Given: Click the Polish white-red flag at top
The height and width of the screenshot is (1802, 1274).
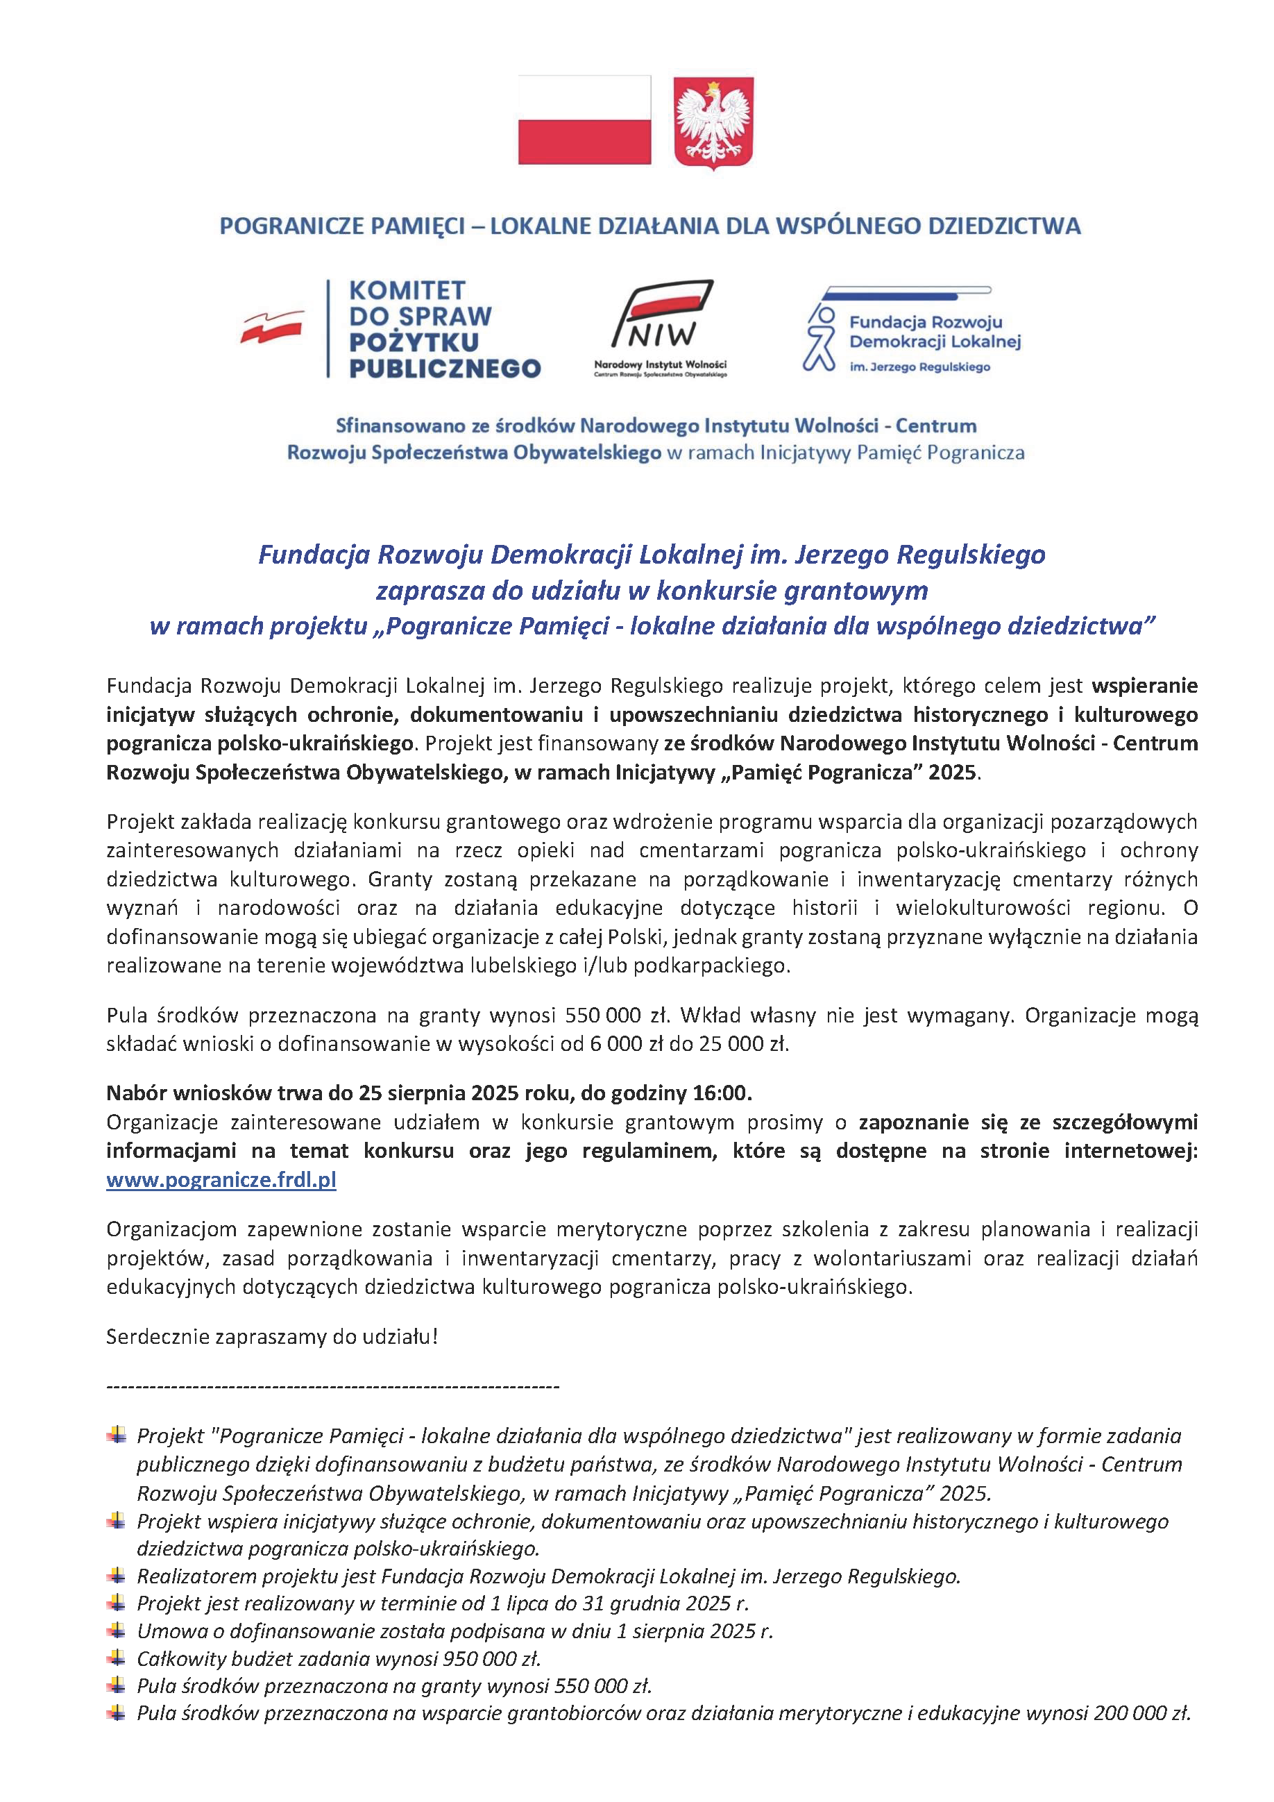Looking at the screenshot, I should tap(584, 119).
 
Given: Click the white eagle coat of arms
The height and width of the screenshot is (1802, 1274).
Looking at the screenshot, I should tap(713, 121).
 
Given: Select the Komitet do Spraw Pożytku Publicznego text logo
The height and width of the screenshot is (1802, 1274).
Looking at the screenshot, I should tap(444, 330).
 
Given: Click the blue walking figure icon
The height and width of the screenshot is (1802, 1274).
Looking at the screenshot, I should tap(819, 338).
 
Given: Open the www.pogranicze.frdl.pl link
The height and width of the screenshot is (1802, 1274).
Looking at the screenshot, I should tap(221, 1179).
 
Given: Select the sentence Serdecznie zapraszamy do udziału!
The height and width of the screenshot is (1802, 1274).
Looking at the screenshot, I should tap(271, 1336).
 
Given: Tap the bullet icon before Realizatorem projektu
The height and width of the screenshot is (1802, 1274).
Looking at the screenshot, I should tap(116, 1575).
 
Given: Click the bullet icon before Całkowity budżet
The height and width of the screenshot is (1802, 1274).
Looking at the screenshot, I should tap(116, 1658).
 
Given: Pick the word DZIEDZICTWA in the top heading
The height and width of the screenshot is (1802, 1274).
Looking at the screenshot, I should tap(1004, 226).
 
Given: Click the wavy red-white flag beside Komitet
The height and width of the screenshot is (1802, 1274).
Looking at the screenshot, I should tap(271, 326).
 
